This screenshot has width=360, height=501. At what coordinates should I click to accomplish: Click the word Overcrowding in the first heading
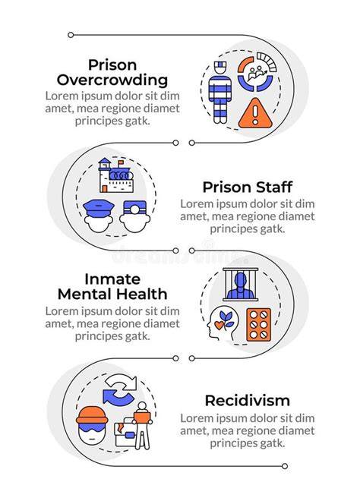[112, 80]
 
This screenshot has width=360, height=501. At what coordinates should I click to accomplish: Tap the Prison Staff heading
[248, 187]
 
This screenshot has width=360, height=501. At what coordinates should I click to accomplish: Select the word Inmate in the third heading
[112, 279]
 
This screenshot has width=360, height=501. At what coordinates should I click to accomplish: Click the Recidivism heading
[248, 400]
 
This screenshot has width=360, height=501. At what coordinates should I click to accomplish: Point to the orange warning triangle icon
[255, 113]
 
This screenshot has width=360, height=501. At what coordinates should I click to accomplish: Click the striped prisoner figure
[220, 93]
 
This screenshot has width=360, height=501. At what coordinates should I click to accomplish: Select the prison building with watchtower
[115, 175]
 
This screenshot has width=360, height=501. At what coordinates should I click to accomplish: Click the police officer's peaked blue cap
[98, 208]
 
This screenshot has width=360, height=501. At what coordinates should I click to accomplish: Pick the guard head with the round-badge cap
[135, 216]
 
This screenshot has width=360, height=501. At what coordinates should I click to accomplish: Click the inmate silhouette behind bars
[241, 285]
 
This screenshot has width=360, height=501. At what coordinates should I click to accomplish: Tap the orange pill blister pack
[259, 325]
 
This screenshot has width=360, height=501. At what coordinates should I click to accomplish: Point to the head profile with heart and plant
[223, 323]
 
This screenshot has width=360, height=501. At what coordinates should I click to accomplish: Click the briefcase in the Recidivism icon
[127, 432]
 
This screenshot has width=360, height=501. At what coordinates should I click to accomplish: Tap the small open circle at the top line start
[71, 35]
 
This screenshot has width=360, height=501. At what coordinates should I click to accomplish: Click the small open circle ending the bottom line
[285, 466]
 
